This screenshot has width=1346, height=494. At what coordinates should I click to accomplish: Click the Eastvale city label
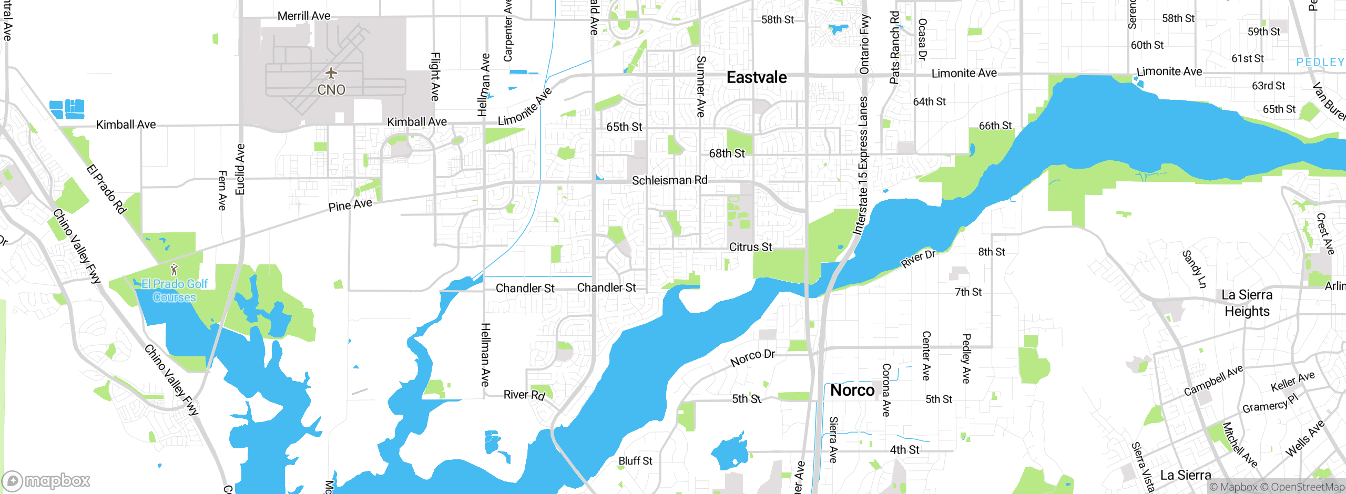[x=757, y=78]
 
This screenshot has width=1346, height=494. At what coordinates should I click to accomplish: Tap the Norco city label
[x=852, y=390]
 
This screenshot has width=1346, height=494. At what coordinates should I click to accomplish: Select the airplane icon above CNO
[x=331, y=73]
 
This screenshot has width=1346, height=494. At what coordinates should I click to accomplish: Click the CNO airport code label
[x=331, y=90]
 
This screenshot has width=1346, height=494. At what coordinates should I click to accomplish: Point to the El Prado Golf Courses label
[x=175, y=291]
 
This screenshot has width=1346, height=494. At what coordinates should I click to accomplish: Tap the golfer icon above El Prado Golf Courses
[x=174, y=270]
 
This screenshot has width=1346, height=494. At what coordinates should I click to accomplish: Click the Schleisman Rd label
[x=669, y=180]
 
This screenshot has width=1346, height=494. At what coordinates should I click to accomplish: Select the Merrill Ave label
[x=304, y=16]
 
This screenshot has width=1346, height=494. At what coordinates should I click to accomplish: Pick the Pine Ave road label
[x=350, y=205]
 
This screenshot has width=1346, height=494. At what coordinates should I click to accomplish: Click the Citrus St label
[x=750, y=247]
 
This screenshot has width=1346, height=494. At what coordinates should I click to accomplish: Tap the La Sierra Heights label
[x=1247, y=303]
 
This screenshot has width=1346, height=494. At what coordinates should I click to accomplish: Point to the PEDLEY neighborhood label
[x=1320, y=63]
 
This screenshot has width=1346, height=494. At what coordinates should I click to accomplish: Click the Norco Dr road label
[x=752, y=358]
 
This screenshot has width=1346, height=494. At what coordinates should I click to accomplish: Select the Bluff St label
[x=635, y=461]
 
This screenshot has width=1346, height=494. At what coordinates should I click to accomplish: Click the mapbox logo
[x=46, y=480]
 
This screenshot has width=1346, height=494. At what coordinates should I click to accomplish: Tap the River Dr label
[x=918, y=259]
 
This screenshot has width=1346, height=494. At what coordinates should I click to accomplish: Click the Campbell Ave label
[x=1213, y=381]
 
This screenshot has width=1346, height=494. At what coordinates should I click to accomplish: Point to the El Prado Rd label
[x=107, y=190]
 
